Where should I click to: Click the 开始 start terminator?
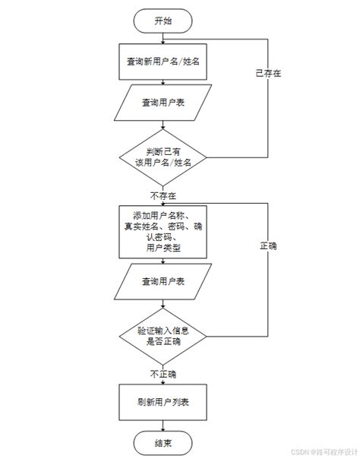(x=163, y=21)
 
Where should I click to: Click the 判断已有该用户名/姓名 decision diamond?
(x=163, y=157)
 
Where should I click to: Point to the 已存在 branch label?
(x=268, y=74)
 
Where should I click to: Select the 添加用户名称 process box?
(x=163, y=231)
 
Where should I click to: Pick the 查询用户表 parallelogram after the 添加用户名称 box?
(x=163, y=283)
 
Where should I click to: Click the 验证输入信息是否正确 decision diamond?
(x=163, y=335)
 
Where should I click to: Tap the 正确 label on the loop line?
(x=268, y=246)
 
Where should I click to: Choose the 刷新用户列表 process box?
(x=163, y=401)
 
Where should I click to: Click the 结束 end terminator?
(x=163, y=442)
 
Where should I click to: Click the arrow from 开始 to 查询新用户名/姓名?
(x=163, y=40)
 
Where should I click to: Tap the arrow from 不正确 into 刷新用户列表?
(x=163, y=382)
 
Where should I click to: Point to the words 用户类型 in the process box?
(x=163, y=248)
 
